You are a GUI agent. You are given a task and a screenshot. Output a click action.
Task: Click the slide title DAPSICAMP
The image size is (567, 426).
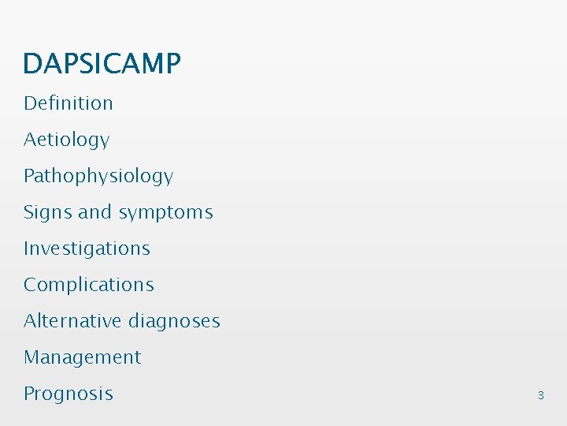coord(102,63)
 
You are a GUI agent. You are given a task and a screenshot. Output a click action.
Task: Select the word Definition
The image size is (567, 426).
coord(69,103)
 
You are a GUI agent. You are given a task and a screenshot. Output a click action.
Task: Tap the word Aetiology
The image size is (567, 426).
coord(66,140)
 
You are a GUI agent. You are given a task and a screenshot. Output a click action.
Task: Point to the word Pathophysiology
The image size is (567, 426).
coord(98,177)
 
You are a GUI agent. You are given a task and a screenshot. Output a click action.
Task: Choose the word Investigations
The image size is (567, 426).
coord(87,248)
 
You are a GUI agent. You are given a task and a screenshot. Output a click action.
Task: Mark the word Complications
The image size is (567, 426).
coord(89,285)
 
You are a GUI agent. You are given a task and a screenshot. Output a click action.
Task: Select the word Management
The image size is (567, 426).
coord(83,357)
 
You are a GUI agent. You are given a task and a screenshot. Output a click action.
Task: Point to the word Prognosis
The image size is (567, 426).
coord(69,394)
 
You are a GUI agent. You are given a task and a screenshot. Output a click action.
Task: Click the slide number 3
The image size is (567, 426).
coord(540,395)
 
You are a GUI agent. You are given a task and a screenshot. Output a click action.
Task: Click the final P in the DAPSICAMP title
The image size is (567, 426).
coord(173,63)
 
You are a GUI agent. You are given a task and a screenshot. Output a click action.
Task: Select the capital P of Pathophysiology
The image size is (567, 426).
coord(28,176)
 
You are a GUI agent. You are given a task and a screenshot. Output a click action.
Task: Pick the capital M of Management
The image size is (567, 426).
coord(31,357)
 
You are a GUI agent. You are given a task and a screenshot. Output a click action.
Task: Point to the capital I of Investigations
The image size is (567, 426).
coord(26,248)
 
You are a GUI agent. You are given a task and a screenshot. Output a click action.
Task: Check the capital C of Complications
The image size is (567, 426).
coord(30,285)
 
